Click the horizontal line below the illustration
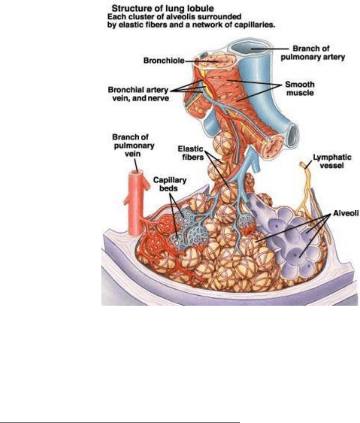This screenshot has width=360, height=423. (x=120, y=409)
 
